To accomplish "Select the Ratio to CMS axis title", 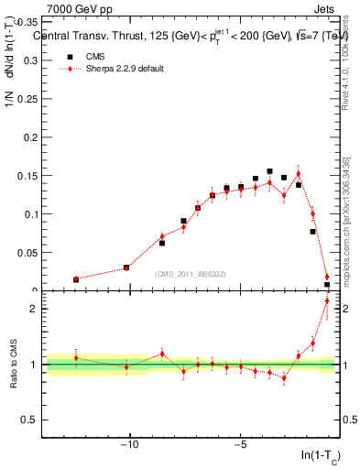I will [16, 366].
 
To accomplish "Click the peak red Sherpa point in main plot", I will [298, 174].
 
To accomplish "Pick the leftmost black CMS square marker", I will [76, 279].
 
